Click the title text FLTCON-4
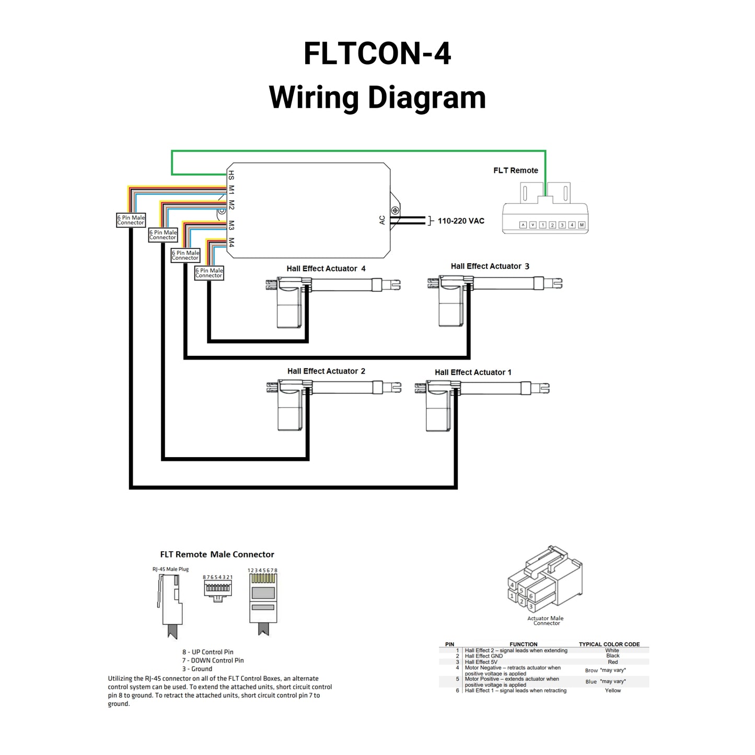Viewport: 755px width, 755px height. click(377, 54)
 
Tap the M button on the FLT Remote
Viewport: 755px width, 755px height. click(582, 225)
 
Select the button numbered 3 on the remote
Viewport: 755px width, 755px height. click(562, 225)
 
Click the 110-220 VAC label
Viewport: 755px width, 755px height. click(460, 221)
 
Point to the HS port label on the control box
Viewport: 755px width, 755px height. click(231, 175)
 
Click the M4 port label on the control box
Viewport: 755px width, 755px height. click(231, 242)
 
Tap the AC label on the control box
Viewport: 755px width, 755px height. click(382, 220)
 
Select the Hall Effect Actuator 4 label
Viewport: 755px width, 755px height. click(326, 269)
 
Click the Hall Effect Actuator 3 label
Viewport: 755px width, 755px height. click(490, 266)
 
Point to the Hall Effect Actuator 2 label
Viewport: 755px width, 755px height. click(326, 371)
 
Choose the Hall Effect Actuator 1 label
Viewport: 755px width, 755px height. click(473, 372)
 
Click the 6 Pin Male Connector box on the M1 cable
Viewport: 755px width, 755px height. click(131, 220)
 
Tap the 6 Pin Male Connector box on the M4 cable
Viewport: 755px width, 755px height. click(209, 273)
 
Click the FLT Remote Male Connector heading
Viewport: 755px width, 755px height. click(217, 554)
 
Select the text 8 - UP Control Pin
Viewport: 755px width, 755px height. click(207, 652)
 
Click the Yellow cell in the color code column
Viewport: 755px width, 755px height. click(613, 690)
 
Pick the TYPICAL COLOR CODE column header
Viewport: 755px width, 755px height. click(609, 644)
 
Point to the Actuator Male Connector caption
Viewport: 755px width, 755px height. click(545, 621)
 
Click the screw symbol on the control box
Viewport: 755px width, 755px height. click(396, 211)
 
